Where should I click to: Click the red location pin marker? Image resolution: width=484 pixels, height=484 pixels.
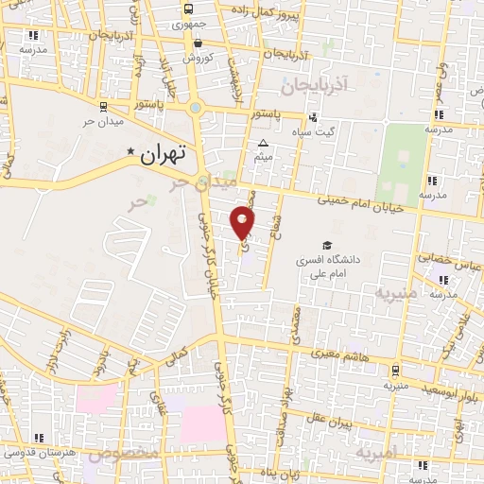click(x=243, y=223)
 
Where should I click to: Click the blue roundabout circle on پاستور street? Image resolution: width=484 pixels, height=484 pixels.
click(x=196, y=108)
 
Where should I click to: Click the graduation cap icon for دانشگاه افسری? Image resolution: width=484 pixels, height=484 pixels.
click(x=327, y=244)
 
